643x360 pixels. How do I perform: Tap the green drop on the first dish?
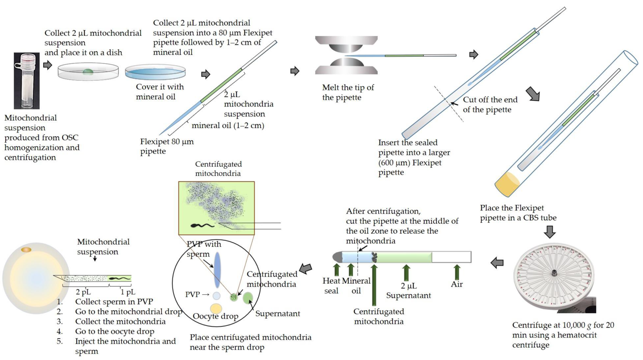89,71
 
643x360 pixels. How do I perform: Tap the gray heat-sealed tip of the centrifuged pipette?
337,257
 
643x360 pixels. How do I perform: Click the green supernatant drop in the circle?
248,298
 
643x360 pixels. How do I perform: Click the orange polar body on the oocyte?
26,249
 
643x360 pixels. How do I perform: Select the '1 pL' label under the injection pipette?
120,291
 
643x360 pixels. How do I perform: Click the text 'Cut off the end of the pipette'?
488,104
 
